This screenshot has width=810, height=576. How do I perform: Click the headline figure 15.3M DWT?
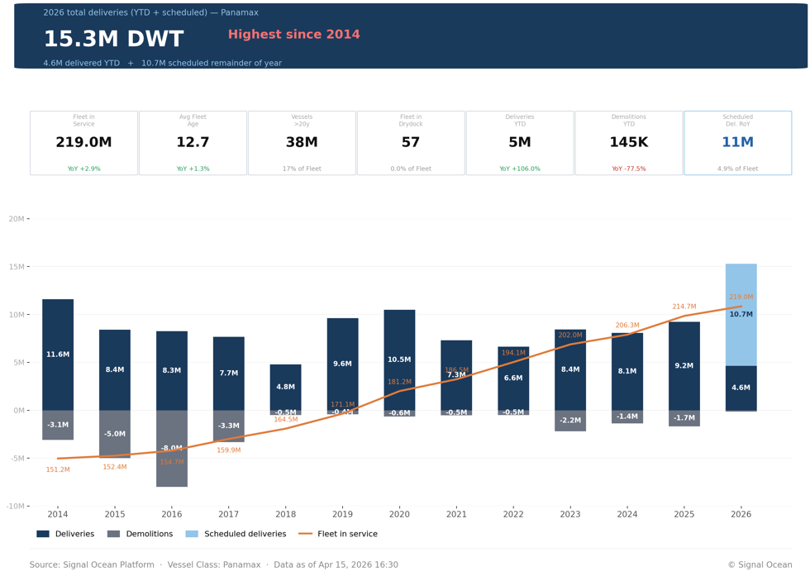[x=113, y=40]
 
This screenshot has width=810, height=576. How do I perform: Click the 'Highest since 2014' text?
[x=293, y=35]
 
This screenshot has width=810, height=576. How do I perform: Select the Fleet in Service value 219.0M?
[x=83, y=143]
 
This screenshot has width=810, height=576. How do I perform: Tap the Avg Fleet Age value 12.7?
[x=193, y=143]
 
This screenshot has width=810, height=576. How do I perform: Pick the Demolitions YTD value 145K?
[x=628, y=143]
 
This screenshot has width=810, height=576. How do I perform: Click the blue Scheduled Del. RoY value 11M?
[x=737, y=143]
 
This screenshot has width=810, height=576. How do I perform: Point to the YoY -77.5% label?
[x=628, y=169]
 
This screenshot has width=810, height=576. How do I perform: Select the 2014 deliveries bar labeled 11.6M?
[x=58, y=355]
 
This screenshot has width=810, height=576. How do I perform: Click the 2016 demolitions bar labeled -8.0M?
[x=172, y=449]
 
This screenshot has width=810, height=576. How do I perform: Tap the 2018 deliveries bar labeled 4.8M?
[x=285, y=387]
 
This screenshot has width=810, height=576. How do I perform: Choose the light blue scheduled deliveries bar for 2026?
[x=741, y=314]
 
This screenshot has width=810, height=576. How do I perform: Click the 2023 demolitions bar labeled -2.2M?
[x=570, y=421]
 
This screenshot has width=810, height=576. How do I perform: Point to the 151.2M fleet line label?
[x=58, y=469]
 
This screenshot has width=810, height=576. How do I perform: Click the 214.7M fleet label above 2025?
[x=684, y=307]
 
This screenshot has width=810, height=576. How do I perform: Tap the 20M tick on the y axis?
[x=17, y=219]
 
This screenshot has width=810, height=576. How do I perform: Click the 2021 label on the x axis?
[x=456, y=514]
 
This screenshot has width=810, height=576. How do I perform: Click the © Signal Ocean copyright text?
[x=759, y=565]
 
